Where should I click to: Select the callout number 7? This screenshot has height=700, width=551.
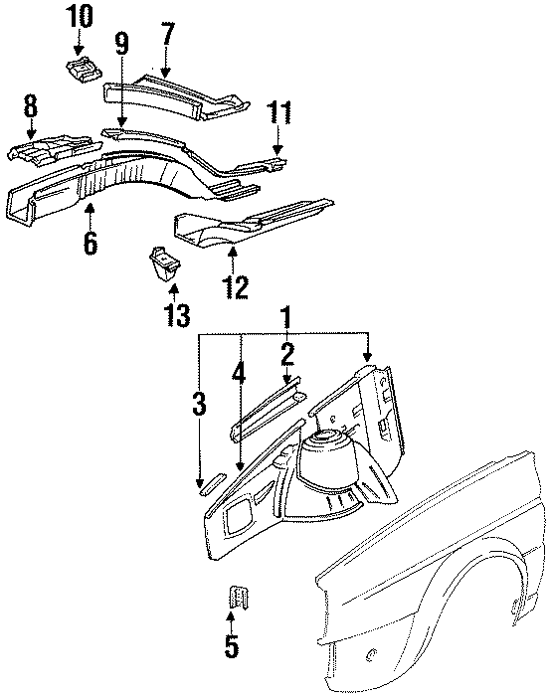pyautogui.click(x=167, y=36)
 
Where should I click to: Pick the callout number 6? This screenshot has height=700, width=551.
pyautogui.click(x=91, y=243)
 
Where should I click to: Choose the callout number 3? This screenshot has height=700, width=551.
pyautogui.click(x=200, y=405)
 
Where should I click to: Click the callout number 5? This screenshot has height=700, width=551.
pyautogui.click(x=231, y=646)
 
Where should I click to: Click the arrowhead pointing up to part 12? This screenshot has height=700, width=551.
pyautogui.click(x=233, y=258)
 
